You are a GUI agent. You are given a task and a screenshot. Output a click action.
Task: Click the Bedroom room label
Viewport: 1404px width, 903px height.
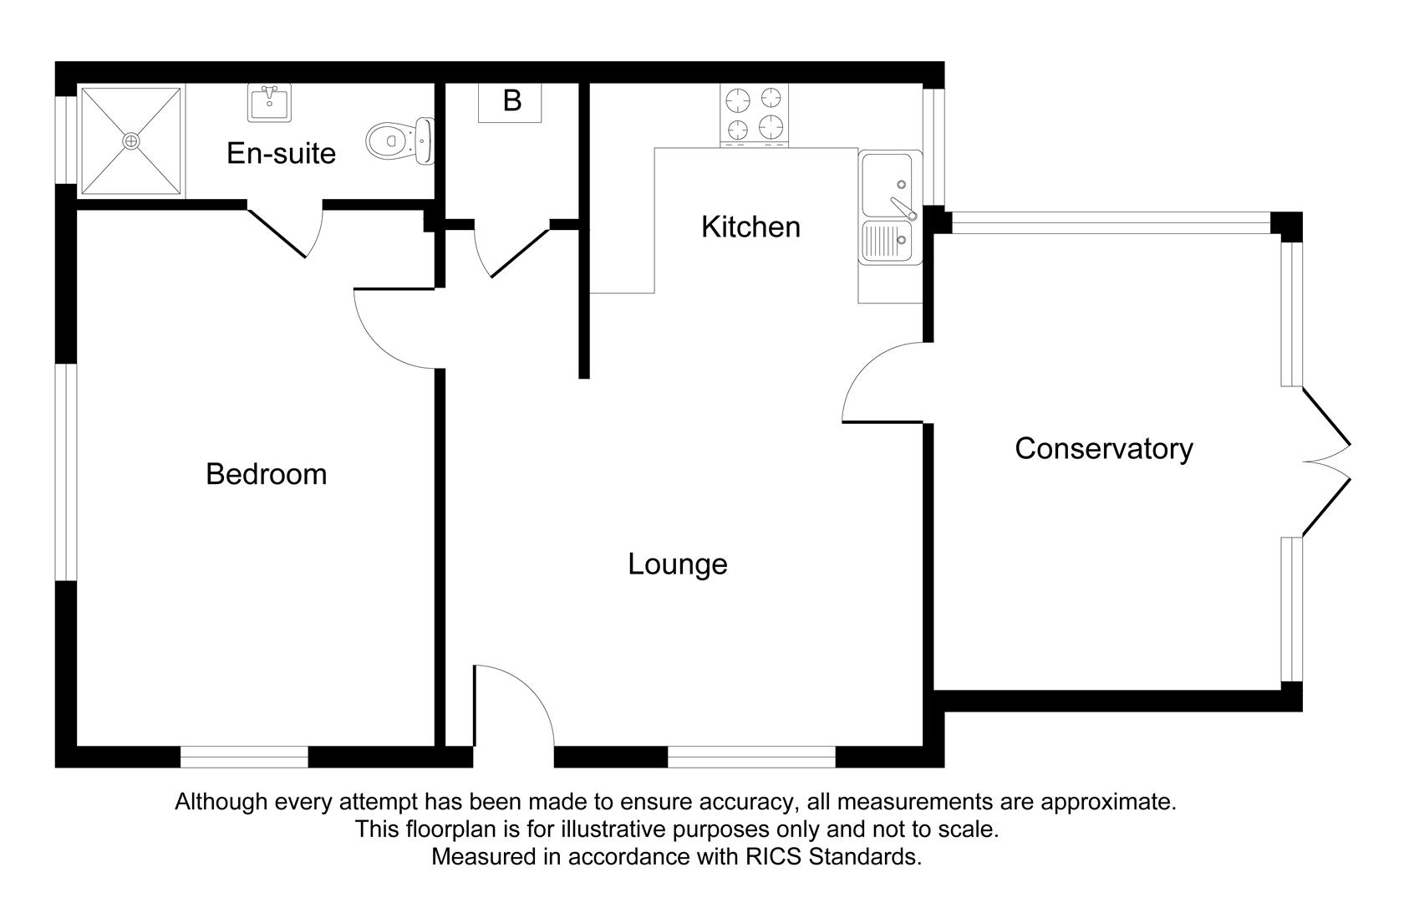point(266,474)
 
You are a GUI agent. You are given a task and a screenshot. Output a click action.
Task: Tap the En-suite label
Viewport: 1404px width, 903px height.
point(281,153)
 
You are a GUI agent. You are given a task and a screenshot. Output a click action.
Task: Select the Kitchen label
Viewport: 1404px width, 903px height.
point(750,227)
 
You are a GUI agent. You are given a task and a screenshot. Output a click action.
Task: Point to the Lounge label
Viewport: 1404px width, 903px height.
point(677,564)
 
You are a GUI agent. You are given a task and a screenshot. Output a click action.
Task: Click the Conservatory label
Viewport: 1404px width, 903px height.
point(1103,449)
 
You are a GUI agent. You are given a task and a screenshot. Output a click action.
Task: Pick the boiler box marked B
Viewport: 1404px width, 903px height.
point(511,102)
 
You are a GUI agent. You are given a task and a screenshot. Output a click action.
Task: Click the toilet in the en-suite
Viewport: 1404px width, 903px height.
point(399,141)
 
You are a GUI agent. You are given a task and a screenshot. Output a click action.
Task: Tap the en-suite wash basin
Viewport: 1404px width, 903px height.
point(270,103)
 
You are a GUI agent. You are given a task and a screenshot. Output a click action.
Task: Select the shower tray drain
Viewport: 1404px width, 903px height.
point(130,141)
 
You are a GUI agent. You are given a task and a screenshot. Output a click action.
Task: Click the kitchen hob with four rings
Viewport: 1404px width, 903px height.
point(754,115)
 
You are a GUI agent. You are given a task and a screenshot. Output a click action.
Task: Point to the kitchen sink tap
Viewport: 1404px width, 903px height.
point(902,205)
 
